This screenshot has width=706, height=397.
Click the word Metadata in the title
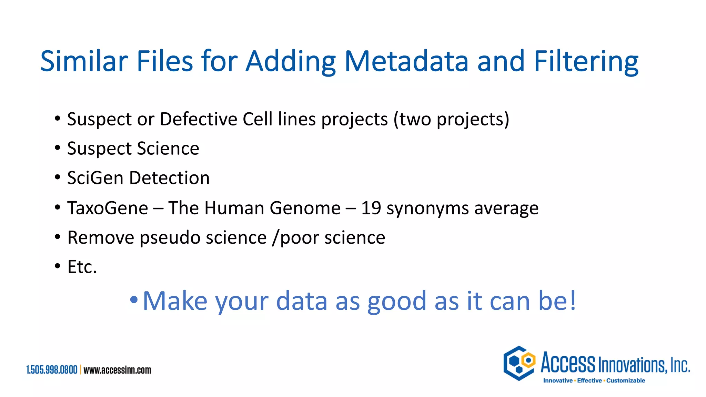406,61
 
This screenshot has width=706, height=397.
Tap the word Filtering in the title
586,61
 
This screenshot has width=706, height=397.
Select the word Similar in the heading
84,61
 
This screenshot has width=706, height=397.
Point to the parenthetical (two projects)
452,119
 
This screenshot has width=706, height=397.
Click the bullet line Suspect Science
133,149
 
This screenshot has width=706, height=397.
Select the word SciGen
95,178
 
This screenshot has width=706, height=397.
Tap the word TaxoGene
108,208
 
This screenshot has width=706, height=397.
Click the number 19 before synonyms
371,208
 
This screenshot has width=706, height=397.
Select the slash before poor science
275,238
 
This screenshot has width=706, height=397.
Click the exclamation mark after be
573,300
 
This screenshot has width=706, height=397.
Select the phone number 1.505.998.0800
52,370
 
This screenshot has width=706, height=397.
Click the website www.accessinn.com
117,370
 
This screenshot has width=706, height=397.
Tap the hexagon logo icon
519,363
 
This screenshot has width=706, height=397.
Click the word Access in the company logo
568,363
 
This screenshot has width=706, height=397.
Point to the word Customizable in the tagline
626,380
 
